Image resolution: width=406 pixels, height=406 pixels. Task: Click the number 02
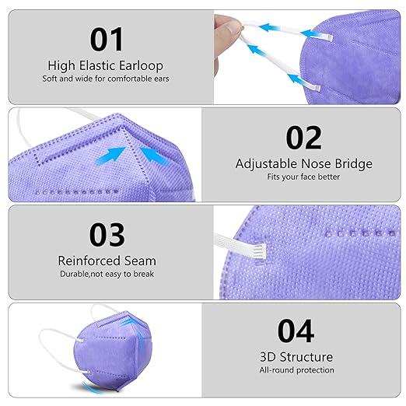[x=303, y=137]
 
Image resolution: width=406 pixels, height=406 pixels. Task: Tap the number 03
[x=107, y=235]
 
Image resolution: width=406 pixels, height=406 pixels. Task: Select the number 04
[x=296, y=331]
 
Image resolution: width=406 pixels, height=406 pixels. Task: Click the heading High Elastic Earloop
[x=107, y=65]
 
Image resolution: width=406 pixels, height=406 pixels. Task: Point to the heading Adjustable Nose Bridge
[x=303, y=164]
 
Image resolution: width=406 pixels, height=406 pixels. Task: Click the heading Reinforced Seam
[x=107, y=261]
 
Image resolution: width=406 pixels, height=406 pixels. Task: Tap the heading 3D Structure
[x=296, y=357]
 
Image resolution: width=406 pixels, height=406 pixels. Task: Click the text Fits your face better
[x=303, y=177]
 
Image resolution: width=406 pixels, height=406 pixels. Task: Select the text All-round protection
[x=296, y=370]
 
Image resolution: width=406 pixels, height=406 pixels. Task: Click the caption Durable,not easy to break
[x=107, y=274]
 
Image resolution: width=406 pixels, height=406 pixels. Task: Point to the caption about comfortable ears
[x=107, y=79]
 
